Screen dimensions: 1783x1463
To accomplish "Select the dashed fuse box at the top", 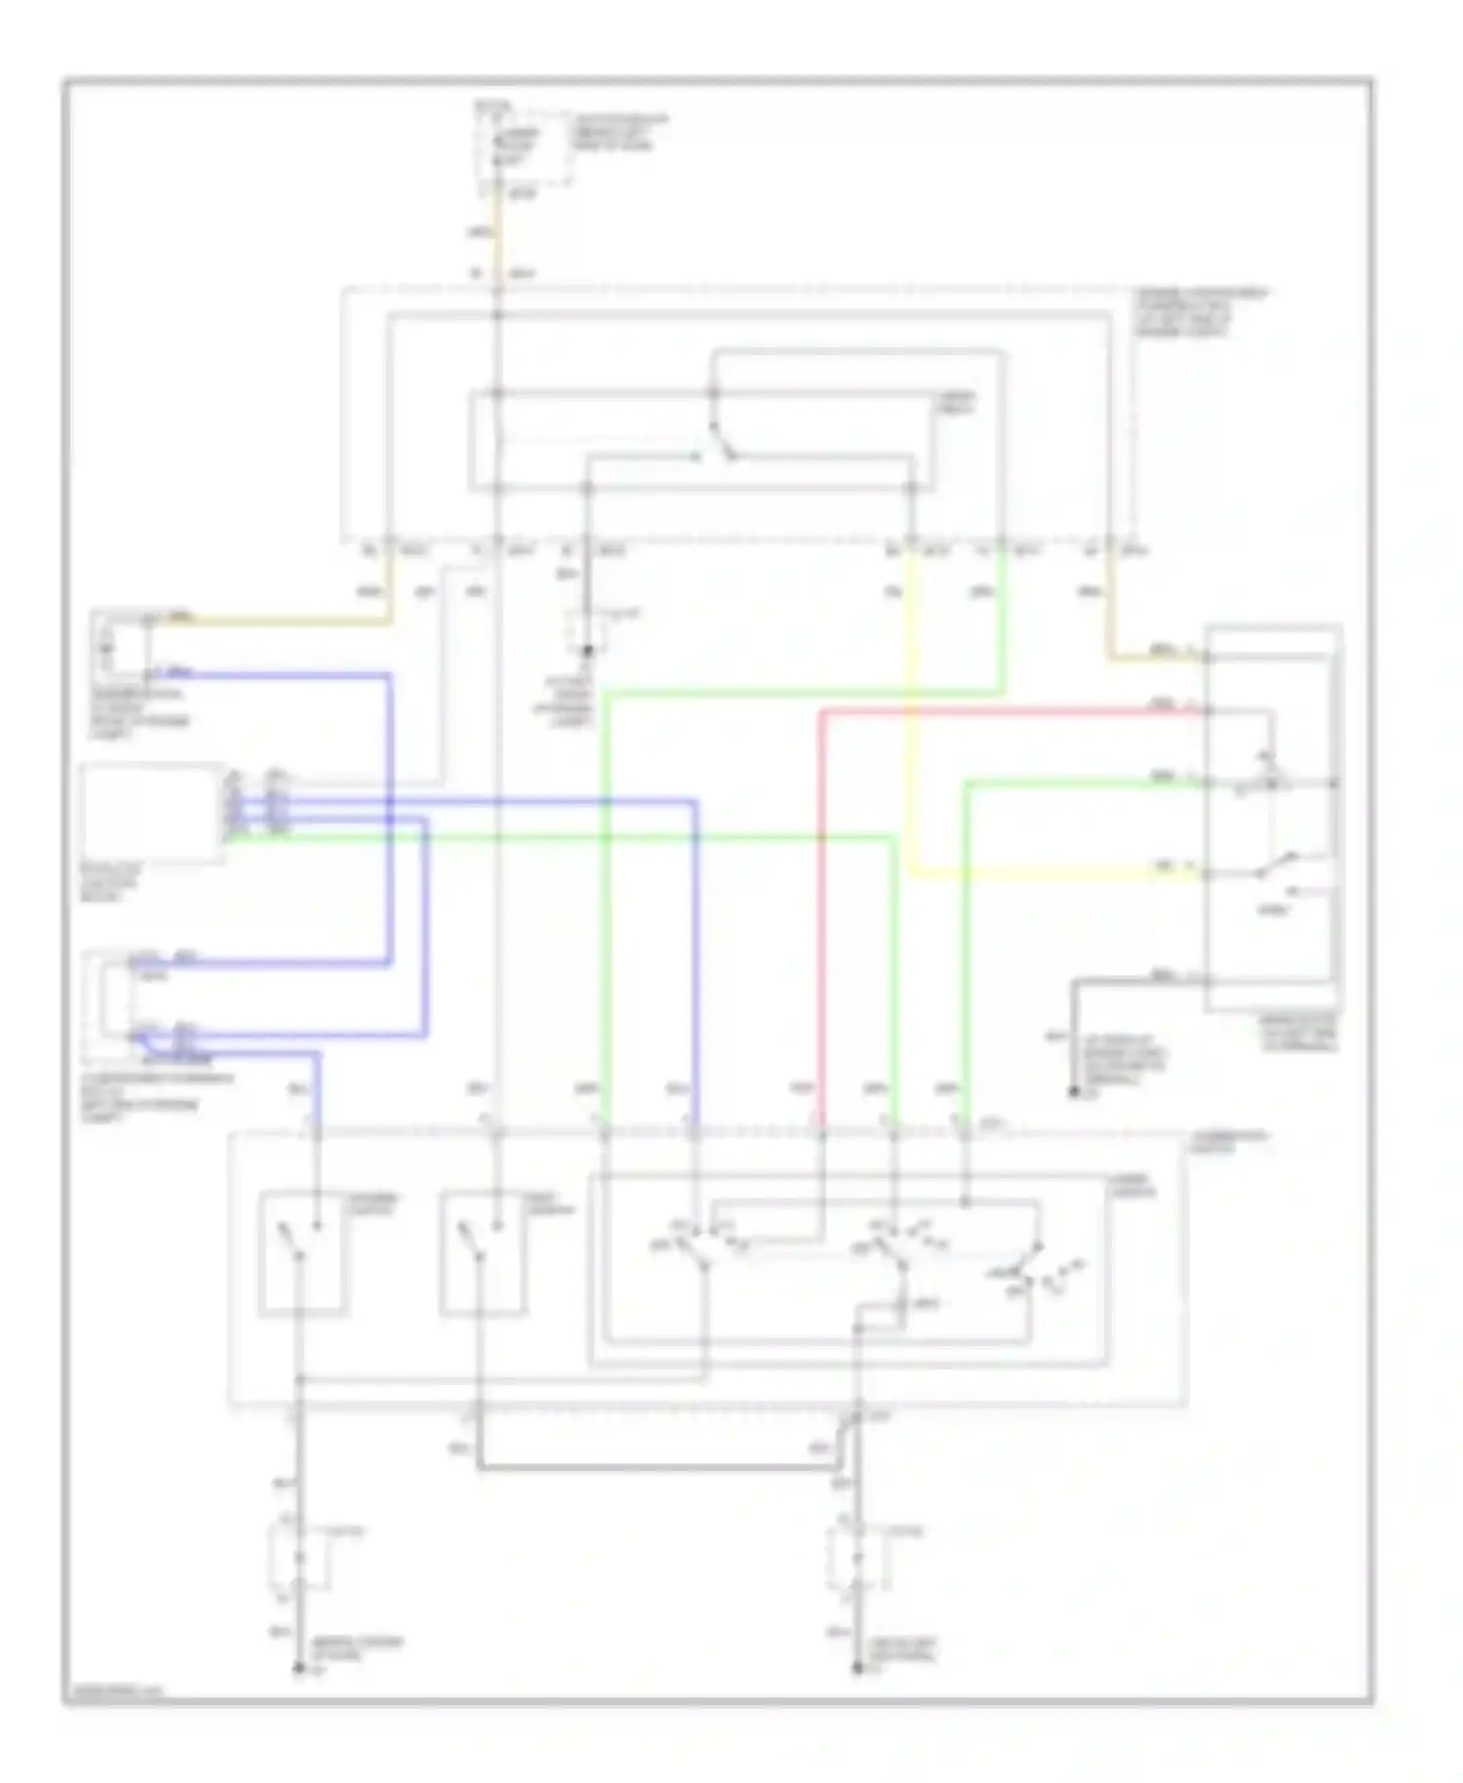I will tap(522, 146).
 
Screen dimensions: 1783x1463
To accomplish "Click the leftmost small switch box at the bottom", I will tap(302, 1254).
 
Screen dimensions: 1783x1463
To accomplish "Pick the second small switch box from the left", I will tap(483, 1254).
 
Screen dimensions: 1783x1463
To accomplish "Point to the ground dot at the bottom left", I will tap(299, 1668).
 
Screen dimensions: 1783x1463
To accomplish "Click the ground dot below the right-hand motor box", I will tap(1074, 1093).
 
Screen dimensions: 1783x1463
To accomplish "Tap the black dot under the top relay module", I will tap(588, 650).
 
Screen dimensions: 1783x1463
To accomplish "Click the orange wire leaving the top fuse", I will tap(498, 234).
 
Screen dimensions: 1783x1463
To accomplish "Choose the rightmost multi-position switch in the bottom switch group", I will tap(1029, 1268).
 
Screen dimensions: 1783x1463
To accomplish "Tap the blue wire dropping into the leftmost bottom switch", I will tap(317, 1088).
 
